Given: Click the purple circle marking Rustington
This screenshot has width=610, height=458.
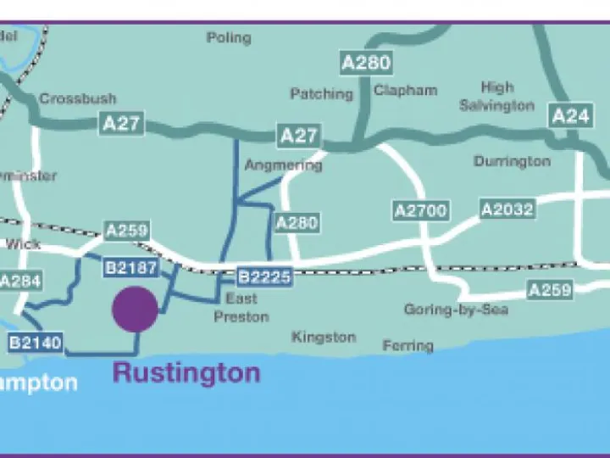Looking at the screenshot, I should click(x=136, y=309).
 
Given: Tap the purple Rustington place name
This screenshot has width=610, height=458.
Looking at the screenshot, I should click(x=186, y=372).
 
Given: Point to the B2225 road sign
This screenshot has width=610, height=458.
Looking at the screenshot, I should click(x=264, y=276).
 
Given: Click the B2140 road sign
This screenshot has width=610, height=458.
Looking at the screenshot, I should click(x=35, y=343).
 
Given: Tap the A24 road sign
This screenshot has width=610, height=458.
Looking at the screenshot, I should click(x=570, y=116).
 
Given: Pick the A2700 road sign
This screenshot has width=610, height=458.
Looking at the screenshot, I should click(x=421, y=210).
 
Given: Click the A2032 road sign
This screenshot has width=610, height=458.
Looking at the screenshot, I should click(x=507, y=209).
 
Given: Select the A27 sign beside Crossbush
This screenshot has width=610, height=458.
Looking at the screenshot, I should click(x=121, y=124).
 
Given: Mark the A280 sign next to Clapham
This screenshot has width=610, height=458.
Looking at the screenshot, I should click(x=367, y=62).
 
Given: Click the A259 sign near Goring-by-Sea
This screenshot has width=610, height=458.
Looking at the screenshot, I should click(x=550, y=290).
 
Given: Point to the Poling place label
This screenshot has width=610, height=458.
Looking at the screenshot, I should click(x=229, y=37).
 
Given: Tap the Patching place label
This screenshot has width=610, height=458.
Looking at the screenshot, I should click(x=321, y=93).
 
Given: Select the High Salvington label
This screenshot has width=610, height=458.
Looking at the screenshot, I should click(x=496, y=97).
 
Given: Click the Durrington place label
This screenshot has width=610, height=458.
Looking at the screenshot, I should click(x=512, y=161).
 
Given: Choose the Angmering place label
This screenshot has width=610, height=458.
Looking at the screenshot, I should click(x=283, y=165).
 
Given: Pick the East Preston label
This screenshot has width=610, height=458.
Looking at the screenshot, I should click(x=241, y=308).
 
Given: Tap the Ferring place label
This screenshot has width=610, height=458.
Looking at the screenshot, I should click(x=408, y=345).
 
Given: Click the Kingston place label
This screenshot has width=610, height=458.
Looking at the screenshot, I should click(x=324, y=337).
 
